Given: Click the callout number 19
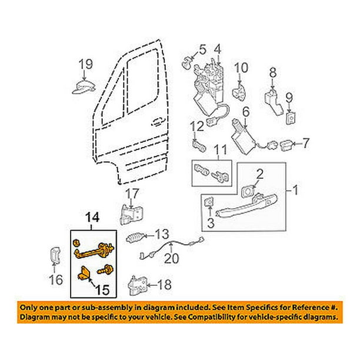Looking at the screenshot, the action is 86,64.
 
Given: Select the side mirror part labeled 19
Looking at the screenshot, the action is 84,87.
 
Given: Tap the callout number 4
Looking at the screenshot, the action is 218,50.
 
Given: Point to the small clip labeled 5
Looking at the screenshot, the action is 187,63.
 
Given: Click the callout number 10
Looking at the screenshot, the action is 241,68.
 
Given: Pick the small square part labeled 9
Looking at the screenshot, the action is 291,118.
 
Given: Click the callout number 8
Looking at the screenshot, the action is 273,73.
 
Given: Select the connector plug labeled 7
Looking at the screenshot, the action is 286,146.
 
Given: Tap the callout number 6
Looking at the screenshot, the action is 246,112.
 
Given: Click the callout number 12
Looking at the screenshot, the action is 197,126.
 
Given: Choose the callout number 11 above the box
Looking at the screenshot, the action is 220,149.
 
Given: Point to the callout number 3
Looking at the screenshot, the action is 211,223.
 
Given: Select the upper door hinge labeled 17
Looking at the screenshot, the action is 130,214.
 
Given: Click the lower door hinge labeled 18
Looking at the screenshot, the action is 137,285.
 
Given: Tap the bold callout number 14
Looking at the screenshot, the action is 92,217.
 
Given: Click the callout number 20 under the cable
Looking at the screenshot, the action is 172,258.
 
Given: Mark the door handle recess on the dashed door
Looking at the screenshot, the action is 158,122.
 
